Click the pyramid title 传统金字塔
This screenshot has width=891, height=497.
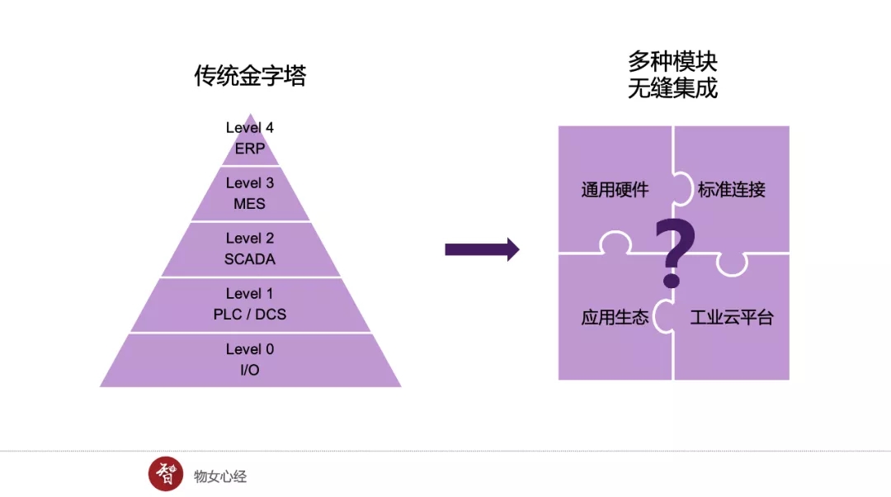(x=250, y=77)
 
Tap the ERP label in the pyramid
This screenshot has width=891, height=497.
(x=250, y=149)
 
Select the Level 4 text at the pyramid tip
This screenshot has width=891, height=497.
(x=250, y=128)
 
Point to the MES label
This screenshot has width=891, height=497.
(x=250, y=203)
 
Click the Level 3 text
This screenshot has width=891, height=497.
(x=250, y=182)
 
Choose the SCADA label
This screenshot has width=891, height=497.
(x=250, y=258)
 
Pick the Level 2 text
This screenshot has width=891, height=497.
(x=250, y=238)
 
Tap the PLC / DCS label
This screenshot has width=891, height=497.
(x=250, y=314)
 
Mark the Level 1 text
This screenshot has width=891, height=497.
(x=250, y=293)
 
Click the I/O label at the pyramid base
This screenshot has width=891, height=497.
(x=250, y=369)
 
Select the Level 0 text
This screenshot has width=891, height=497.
(x=250, y=348)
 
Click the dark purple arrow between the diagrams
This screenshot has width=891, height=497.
(x=482, y=249)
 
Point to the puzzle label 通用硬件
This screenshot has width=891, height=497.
(x=615, y=190)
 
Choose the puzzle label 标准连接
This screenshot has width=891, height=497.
(x=732, y=190)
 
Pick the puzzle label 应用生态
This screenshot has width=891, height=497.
(x=615, y=317)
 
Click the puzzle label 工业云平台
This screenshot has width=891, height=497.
(x=732, y=317)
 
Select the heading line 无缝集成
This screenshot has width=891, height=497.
(x=672, y=88)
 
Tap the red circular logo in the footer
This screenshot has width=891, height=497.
(x=166, y=474)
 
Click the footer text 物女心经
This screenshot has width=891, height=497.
(x=220, y=476)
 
